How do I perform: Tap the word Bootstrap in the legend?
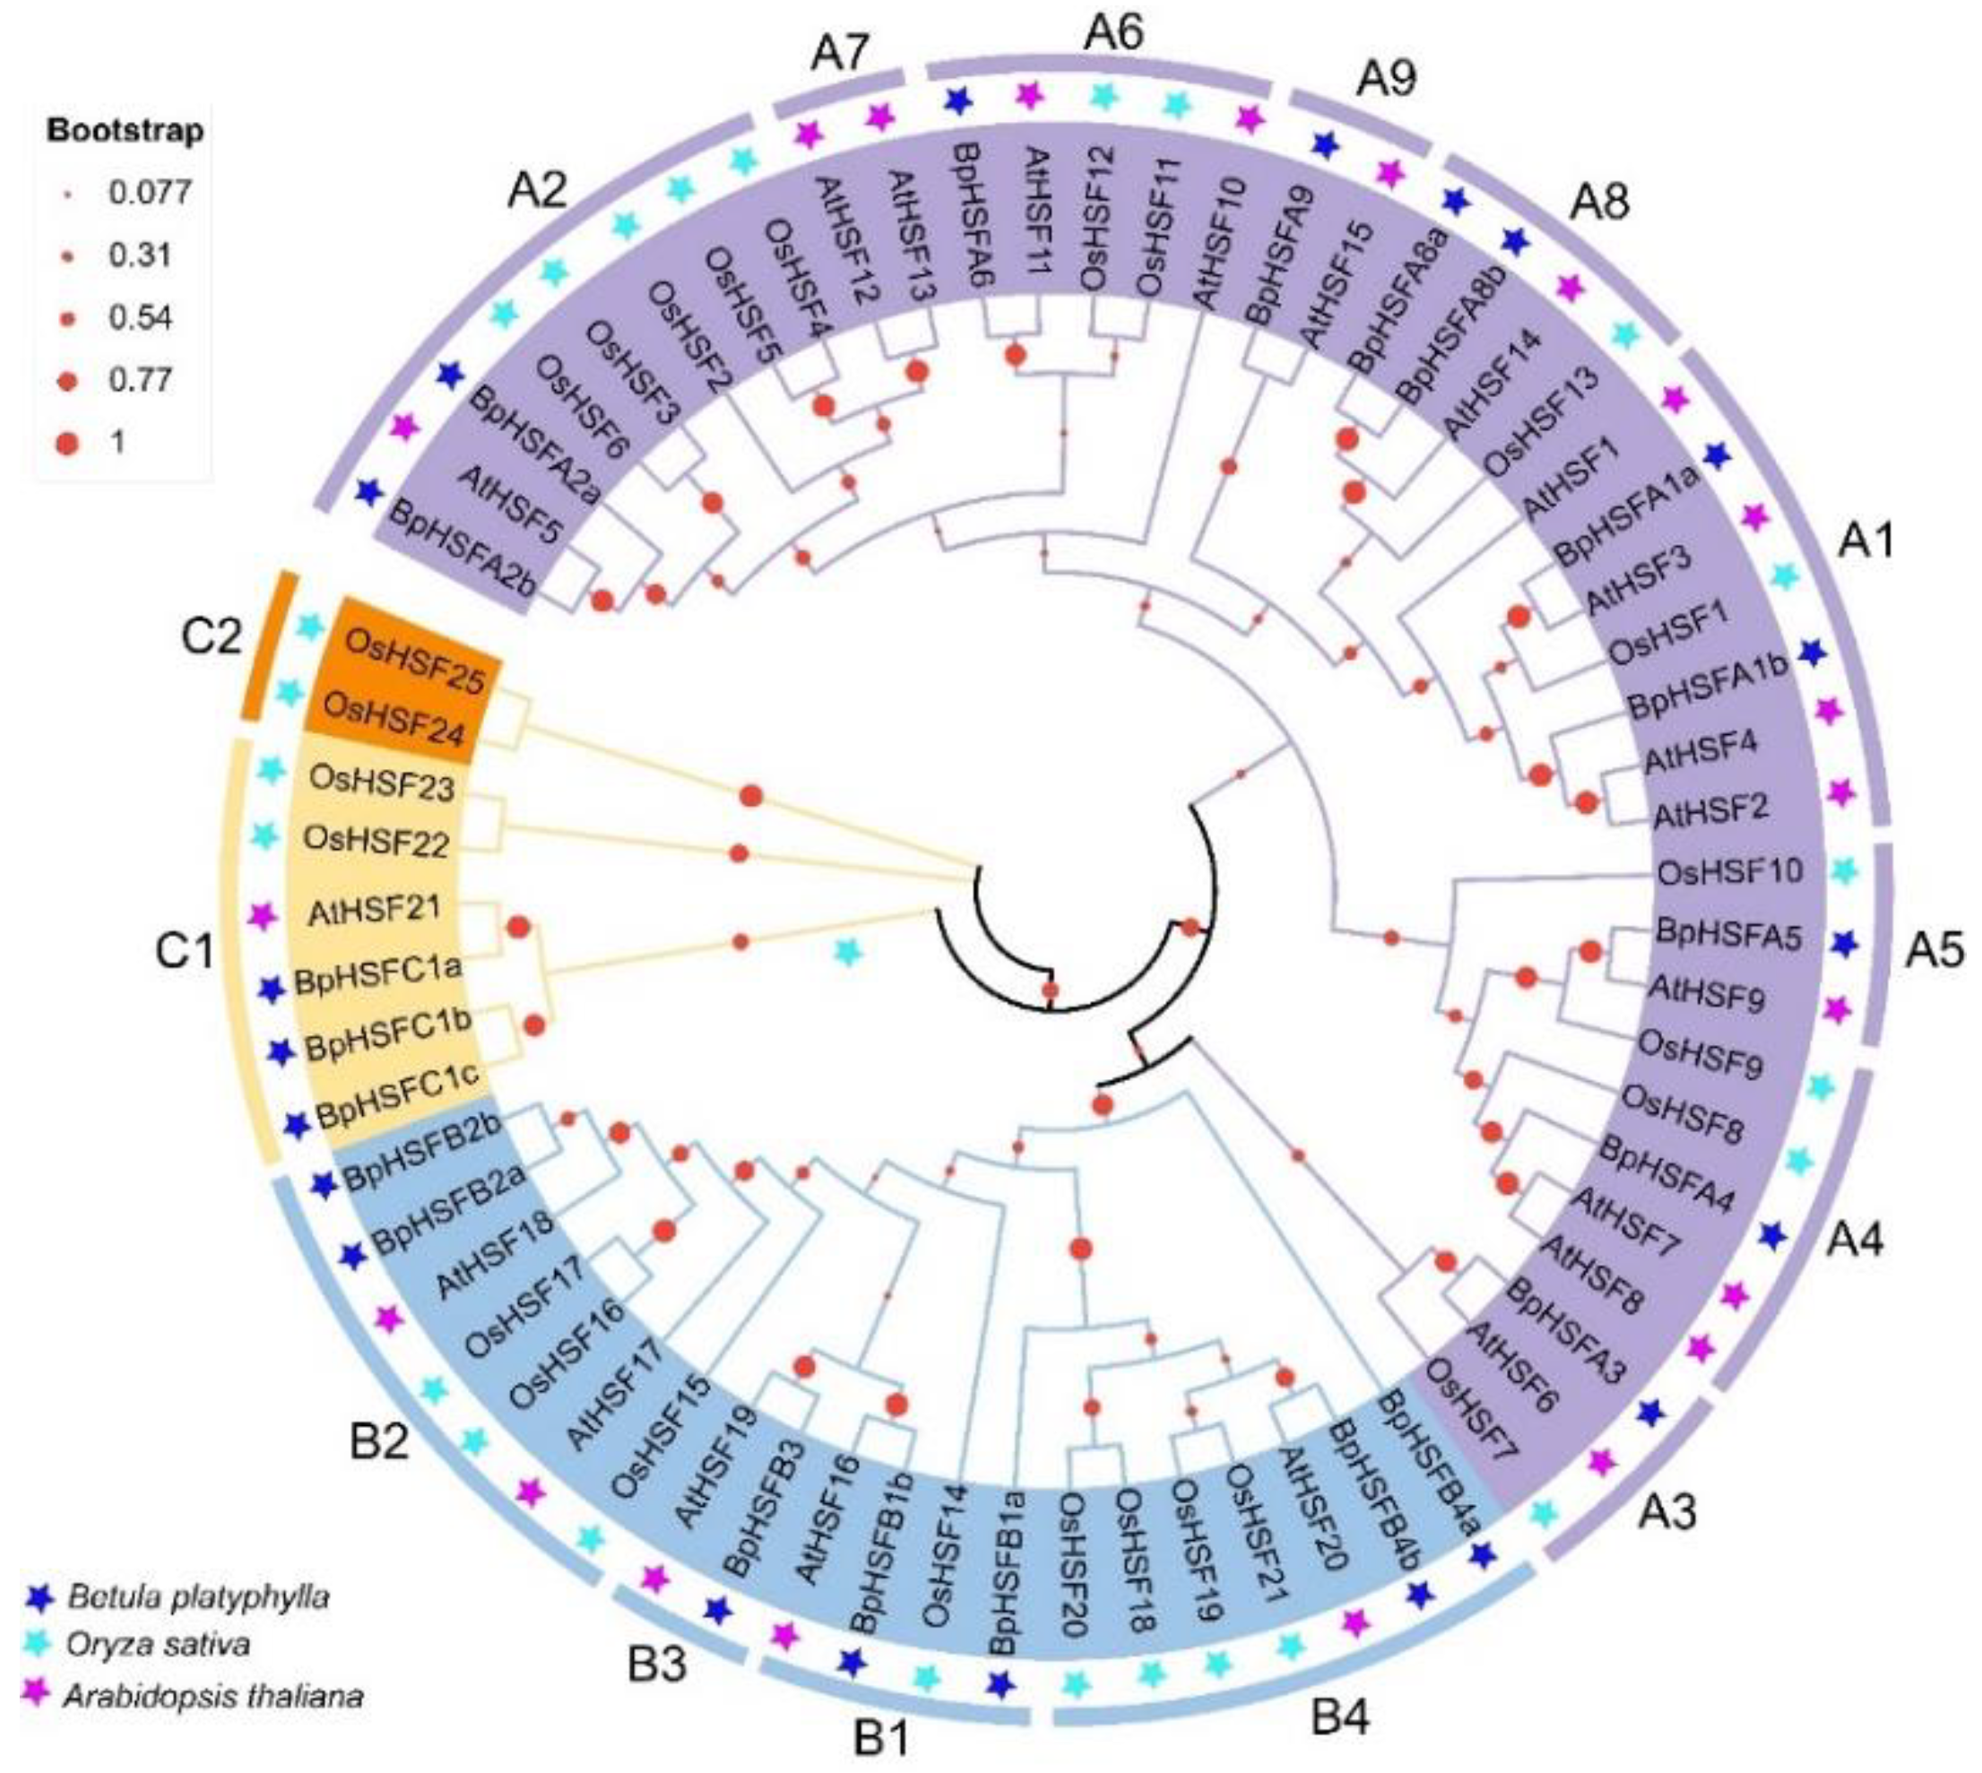tap(125, 131)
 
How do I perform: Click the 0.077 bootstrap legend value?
tap(149, 192)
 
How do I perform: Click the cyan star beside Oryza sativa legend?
tap(38, 1645)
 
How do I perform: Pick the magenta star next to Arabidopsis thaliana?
tap(38, 1694)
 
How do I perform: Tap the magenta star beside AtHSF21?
tap(259, 916)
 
